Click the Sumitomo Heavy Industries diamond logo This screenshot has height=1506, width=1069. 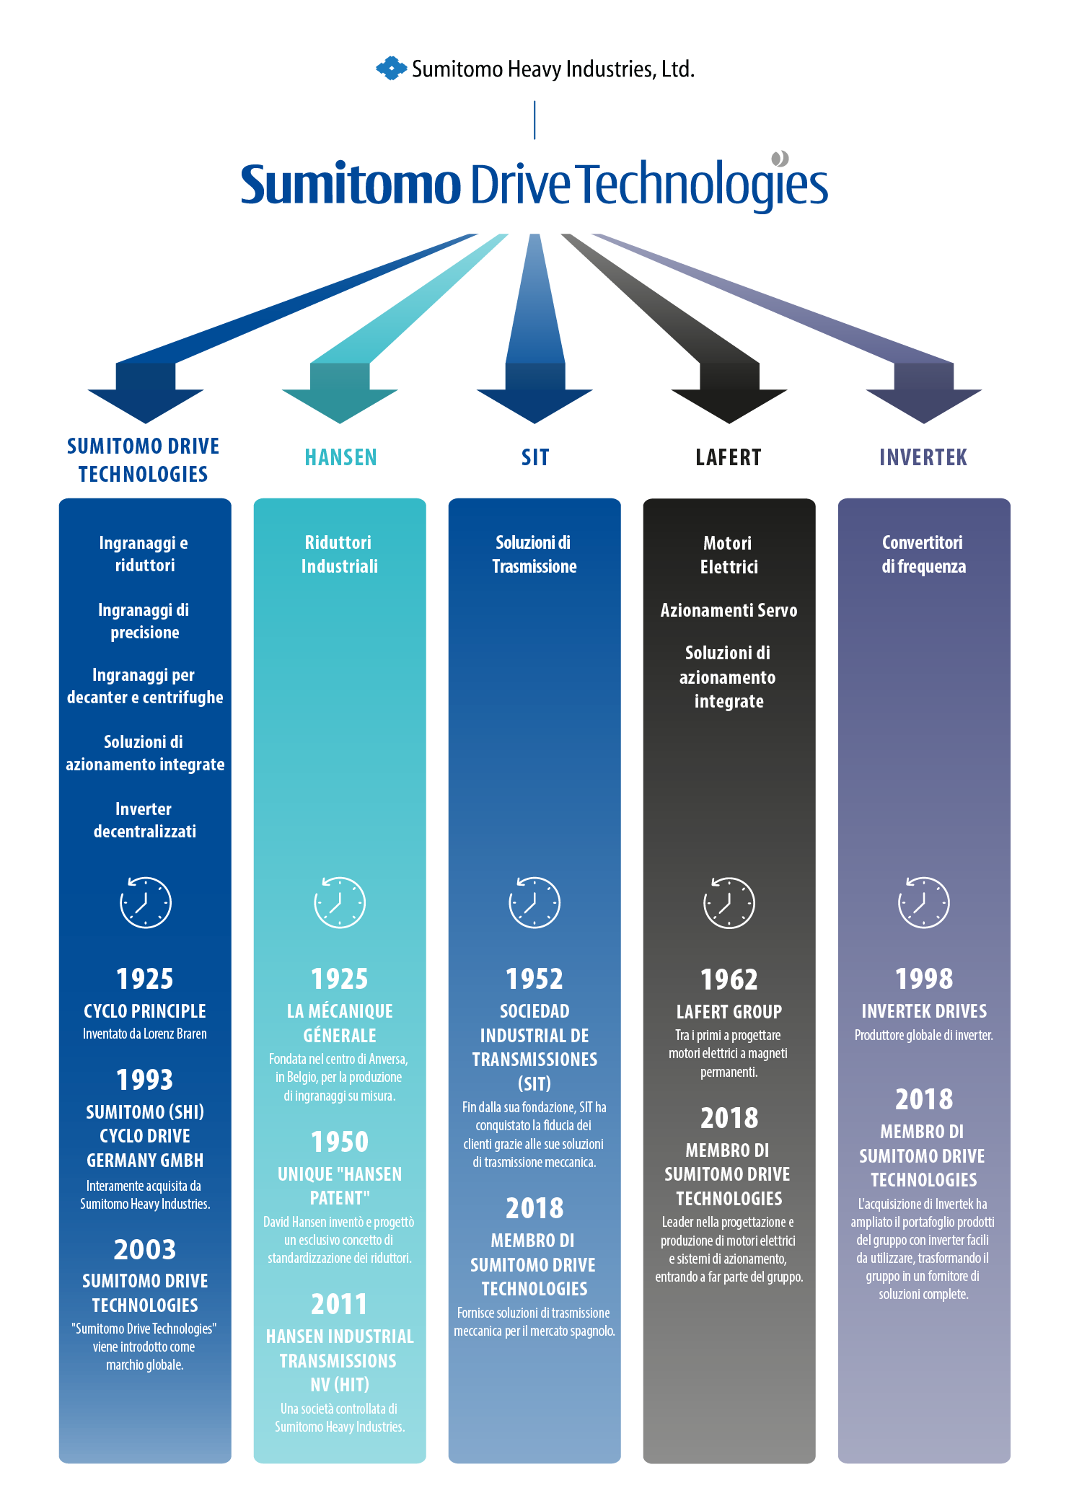pyautogui.click(x=391, y=69)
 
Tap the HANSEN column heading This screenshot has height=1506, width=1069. pyautogui.click(x=340, y=457)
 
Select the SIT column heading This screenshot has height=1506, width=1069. pyautogui.click(x=535, y=457)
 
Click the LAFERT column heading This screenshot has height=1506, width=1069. pyautogui.click(x=729, y=457)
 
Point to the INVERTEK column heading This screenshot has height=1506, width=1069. pyautogui.click(x=923, y=457)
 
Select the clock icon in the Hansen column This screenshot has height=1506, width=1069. pyautogui.click(x=340, y=902)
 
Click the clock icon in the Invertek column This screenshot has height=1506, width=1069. pyautogui.click(x=924, y=902)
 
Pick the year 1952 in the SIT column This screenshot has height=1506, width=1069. pyautogui.click(x=534, y=979)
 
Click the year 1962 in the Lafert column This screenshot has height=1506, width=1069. pyautogui.click(x=729, y=979)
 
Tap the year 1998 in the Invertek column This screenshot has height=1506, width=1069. pyautogui.click(x=924, y=979)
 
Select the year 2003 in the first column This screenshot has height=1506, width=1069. pyautogui.click(x=145, y=1249)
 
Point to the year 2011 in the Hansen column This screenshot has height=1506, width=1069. pyautogui.click(x=340, y=1304)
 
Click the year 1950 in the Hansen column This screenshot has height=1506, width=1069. pyautogui.click(x=340, y=1142)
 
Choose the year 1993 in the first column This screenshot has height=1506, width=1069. pyautogui.click(x=145, y=1080)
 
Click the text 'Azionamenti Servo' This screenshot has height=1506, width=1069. pyautogui.click(x=729, y=610)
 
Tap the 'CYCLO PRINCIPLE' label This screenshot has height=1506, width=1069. pyautogui.click(x=145, y=1011)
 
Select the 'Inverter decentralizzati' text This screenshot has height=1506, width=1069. pyautogui.click(x=145, y=820)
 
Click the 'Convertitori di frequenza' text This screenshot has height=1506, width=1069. pyautogui.click(x=923, y=554)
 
